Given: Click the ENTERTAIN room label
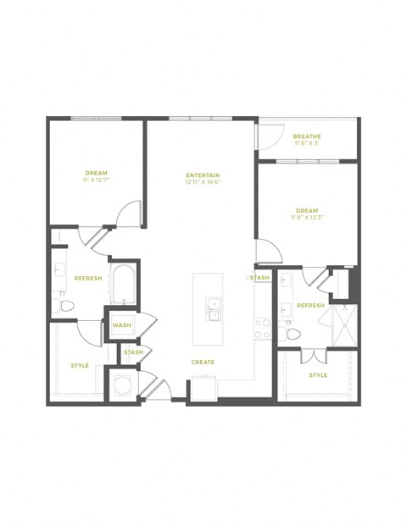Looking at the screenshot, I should point(203,175).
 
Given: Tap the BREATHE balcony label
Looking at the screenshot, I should point(306,136).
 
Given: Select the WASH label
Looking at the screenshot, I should point(121,324).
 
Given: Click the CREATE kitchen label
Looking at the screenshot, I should point(203,362).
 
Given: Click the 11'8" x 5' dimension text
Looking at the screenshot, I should point(306,144).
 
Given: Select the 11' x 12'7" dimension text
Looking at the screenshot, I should point(96,180).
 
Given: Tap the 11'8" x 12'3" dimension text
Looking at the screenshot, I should point(306,218).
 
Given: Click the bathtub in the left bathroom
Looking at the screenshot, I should point(123,285).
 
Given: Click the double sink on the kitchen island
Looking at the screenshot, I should point(212,309).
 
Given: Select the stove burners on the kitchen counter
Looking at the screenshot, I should point(263,328).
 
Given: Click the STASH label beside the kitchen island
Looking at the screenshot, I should point(259,277).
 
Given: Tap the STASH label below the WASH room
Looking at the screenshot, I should point(133,352).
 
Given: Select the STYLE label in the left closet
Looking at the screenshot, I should point(80,365).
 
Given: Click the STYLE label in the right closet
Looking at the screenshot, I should point(317,374).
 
